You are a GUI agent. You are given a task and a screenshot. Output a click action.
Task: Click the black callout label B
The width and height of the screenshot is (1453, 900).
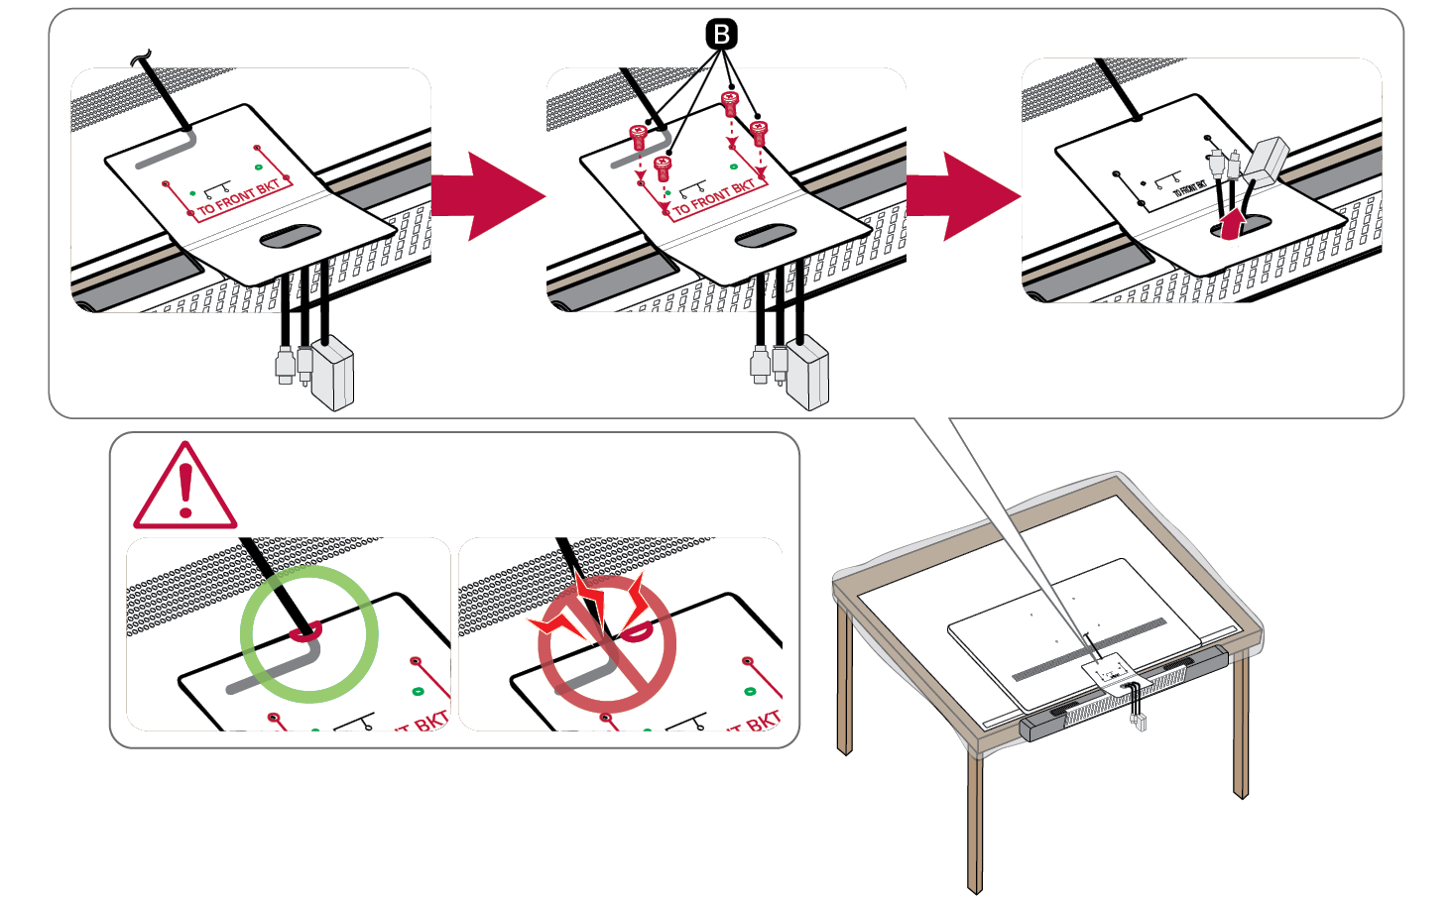(721, 35)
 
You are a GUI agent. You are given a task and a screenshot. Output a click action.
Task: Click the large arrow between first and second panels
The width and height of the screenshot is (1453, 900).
(488, 196)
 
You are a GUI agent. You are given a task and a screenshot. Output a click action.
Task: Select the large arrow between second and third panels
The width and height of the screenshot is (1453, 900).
(963, 196)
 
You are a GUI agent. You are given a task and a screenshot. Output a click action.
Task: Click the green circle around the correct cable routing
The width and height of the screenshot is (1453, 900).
(309, 633)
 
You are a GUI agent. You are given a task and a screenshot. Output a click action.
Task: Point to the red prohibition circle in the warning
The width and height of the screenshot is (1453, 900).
(607, 644)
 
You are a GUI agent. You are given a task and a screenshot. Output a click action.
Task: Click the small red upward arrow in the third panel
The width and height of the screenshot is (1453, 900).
(1231, 222)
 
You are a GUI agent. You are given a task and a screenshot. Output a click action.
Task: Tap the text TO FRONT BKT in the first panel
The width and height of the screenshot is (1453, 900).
(238, 197)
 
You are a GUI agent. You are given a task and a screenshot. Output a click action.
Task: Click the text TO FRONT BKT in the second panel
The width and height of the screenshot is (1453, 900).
(714, 197)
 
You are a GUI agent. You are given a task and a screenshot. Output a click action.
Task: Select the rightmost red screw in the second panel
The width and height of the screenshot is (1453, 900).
(760, 131)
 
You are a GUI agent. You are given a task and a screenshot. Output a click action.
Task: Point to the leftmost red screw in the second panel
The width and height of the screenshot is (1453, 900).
(639, 136)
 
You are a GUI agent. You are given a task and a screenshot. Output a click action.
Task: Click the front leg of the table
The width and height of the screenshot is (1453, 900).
(975, 823)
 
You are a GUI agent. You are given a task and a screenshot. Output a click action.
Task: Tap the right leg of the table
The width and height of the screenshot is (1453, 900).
(1241, 724)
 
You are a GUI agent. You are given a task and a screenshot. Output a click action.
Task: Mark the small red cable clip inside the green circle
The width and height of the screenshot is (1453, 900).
(304, 628)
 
